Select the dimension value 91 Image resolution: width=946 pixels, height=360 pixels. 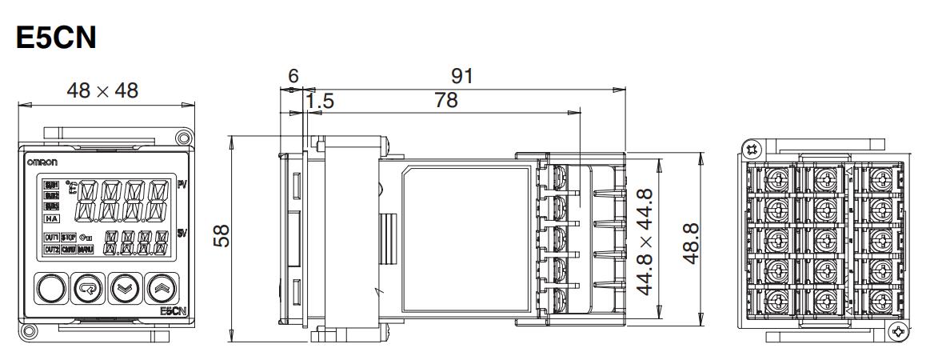click(461, 76)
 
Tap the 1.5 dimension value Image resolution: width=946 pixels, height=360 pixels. click(320, 101)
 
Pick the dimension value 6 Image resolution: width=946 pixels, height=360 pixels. click(293, 76)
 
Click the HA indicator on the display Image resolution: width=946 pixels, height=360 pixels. click(52, 218)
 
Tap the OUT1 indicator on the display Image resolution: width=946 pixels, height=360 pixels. click(52, 238)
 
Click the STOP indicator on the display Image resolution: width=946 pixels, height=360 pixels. click(69, 238)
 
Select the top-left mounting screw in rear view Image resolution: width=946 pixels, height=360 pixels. click(750, 149)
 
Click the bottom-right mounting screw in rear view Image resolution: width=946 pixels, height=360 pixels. click(900, 331)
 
